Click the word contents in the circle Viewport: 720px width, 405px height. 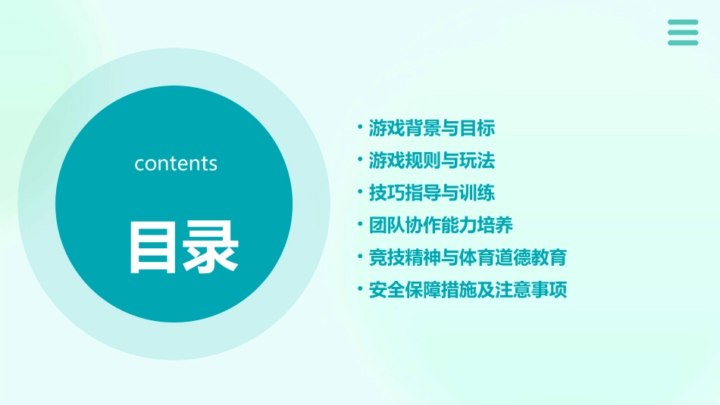coord(176,164)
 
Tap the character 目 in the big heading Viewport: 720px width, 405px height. coord(154,247)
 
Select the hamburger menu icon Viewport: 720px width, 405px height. coord(683,33)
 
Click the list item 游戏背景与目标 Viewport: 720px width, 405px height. coord(432,128)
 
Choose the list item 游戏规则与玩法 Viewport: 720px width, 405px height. coord(432,160)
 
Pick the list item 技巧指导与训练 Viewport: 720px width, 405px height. coord(432,193)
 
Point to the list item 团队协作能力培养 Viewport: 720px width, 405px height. coord(441,226)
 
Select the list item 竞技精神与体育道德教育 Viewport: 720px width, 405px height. coord(468,257)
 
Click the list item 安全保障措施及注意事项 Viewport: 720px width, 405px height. coord(468,290)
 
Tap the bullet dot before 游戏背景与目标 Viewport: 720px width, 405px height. coord(359,127)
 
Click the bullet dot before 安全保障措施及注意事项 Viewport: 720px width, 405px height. coord(359,289)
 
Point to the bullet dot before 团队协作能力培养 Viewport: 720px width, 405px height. coord(359,225)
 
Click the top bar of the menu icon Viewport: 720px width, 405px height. coord(683,22)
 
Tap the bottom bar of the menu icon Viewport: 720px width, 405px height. coord(683,43)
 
